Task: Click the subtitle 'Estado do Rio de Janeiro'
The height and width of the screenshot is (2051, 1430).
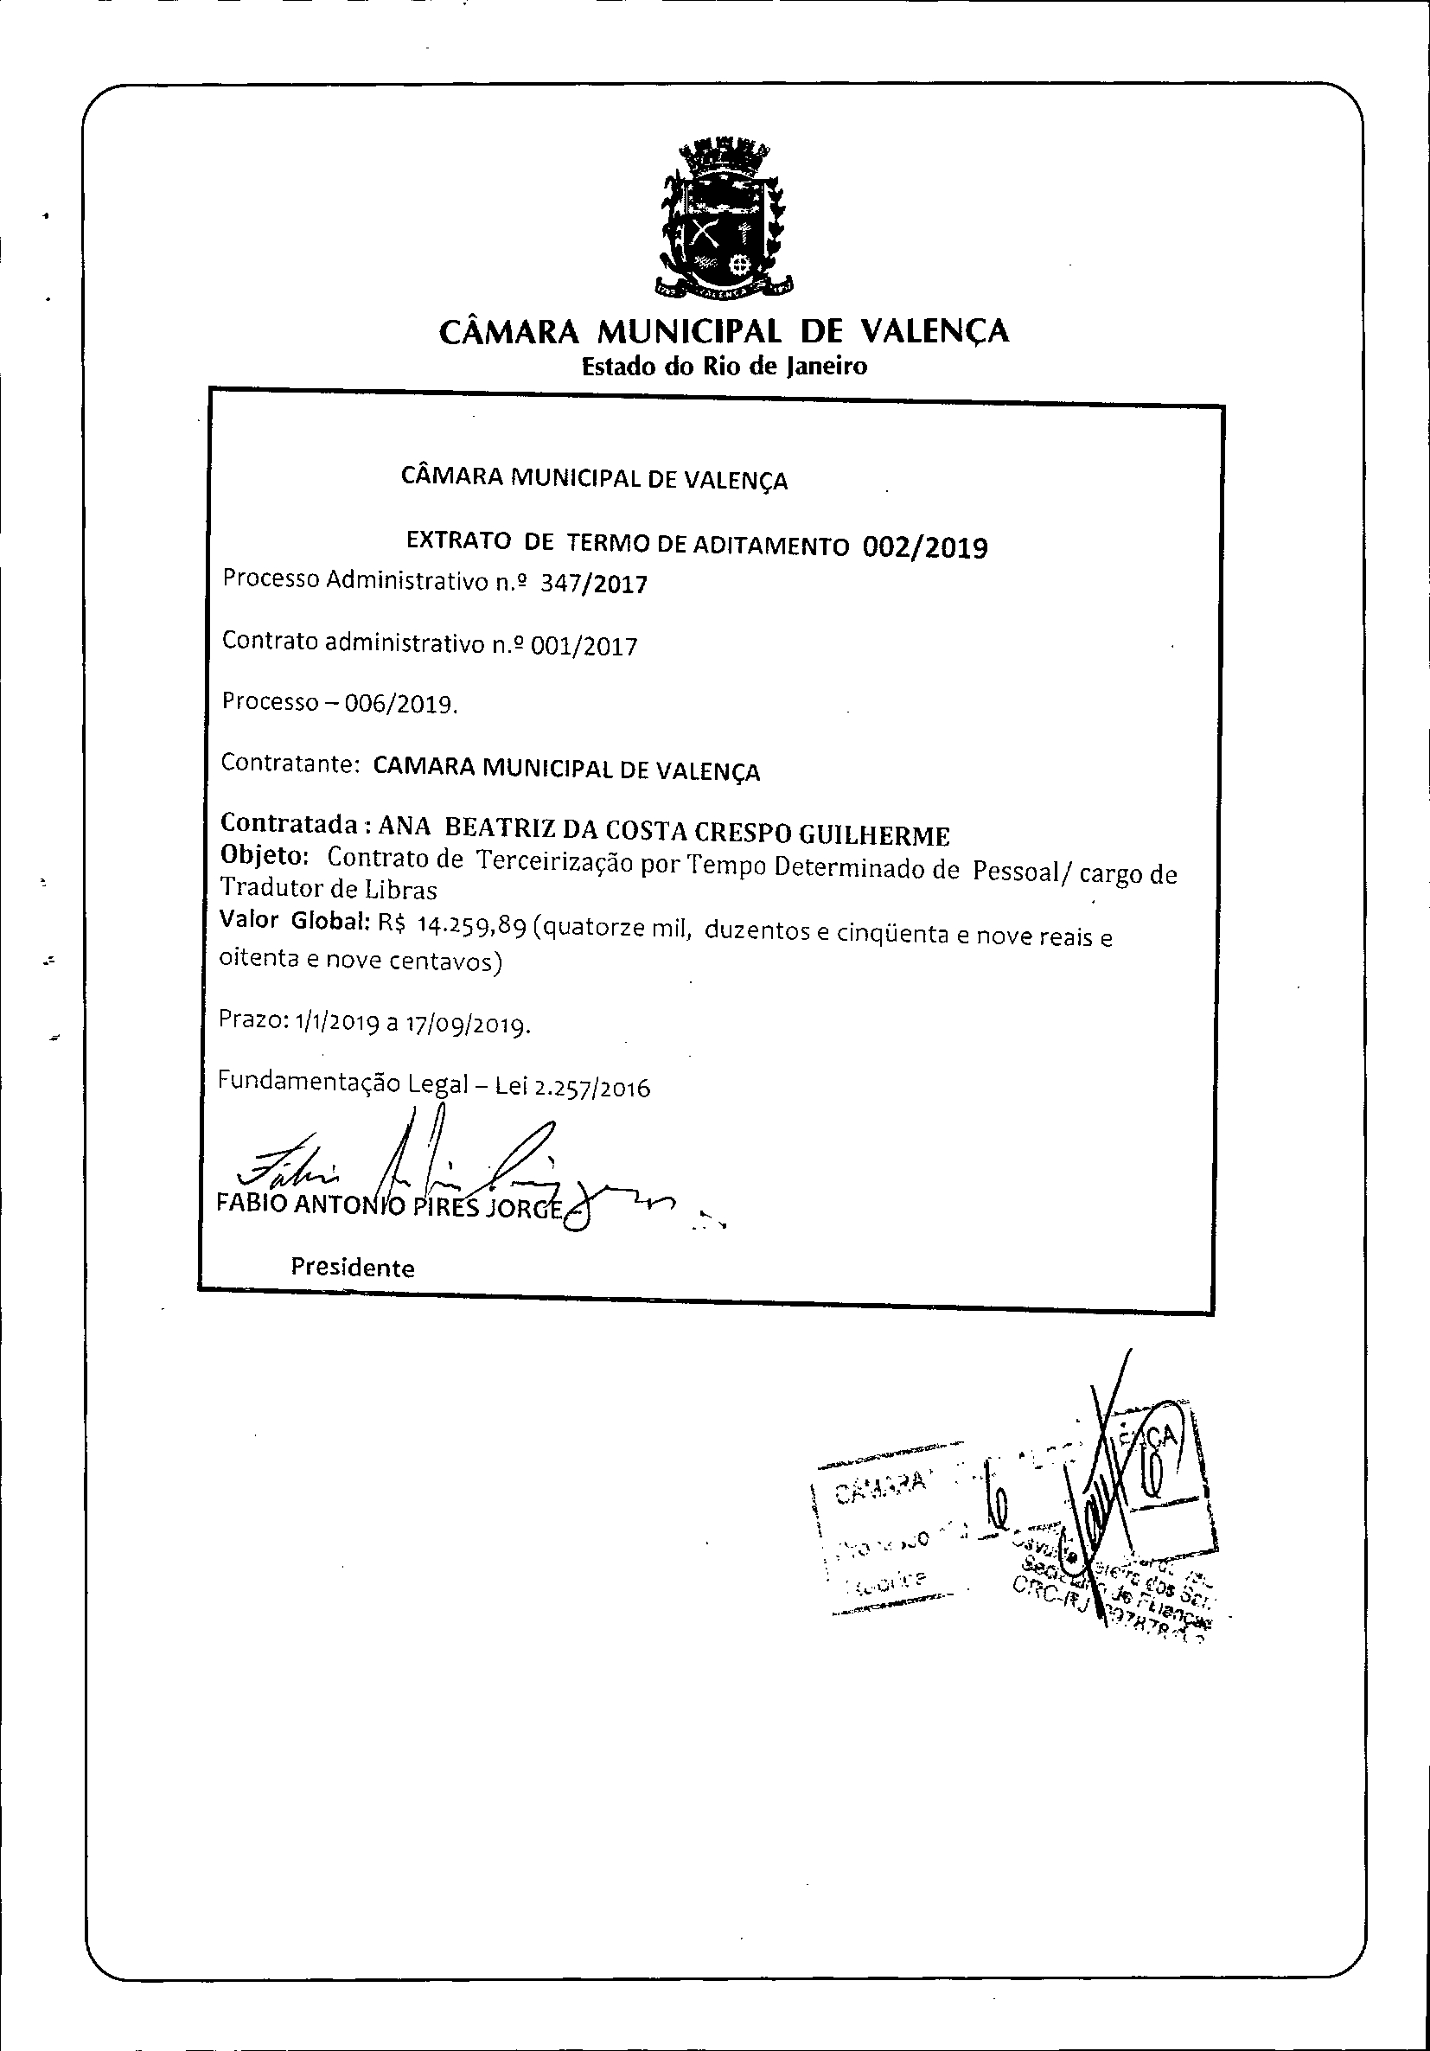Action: (724, 367)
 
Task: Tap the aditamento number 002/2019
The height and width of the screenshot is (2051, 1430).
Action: (925, 546)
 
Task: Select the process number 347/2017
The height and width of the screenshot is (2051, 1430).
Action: (595, 585)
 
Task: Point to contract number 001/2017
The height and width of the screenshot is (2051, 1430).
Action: (584, 645)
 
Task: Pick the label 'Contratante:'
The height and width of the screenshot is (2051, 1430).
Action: (290, 764)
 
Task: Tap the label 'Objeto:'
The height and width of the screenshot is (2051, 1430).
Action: (265, 856)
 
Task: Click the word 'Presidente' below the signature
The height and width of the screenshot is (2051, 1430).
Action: (353, 1268)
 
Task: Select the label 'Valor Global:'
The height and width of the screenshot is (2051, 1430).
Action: (295, 920)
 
